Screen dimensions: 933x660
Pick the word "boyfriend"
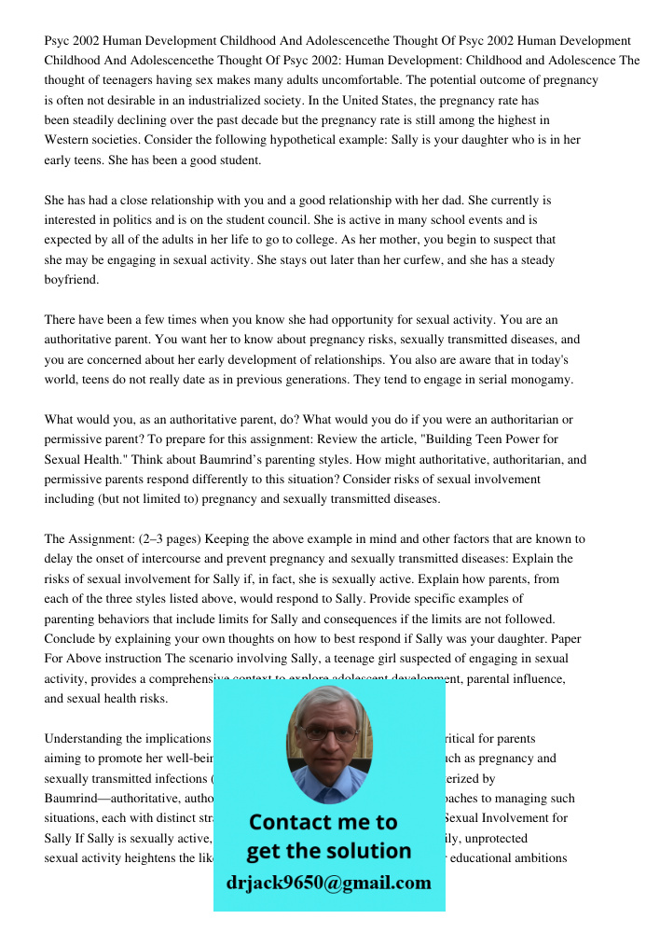click(x=71, y=280)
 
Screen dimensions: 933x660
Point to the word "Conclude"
click(x=71, y=639)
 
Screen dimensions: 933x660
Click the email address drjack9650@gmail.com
click(x=329, y=883)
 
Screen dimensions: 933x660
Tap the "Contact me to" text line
click(x=323, y=822)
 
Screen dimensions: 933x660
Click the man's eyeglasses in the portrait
click(x=329, y=734)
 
